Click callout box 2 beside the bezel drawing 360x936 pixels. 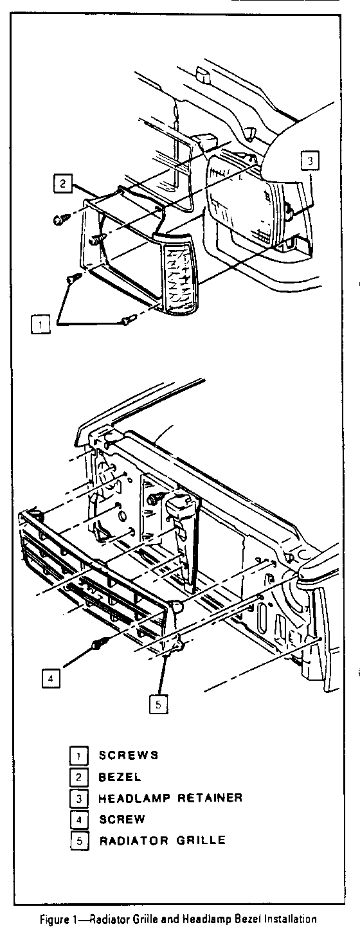coord(62,183)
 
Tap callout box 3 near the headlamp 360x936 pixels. coord(309,161)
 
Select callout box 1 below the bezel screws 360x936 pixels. coord(40,324)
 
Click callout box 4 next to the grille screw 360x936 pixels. coord(51,678)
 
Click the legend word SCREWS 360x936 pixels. coord(129,755)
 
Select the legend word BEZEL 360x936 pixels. coord(120,777)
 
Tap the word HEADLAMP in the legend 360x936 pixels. coord(134,798)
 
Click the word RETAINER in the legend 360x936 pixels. coord(210,798)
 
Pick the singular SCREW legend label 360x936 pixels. coord(122,820)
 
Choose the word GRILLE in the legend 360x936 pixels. coord(201,841)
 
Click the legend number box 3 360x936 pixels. coord(79,798)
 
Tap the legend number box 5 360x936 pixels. coord(79,841)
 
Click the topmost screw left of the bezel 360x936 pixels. coord(61,219)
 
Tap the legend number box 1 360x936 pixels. coord(79,755)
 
